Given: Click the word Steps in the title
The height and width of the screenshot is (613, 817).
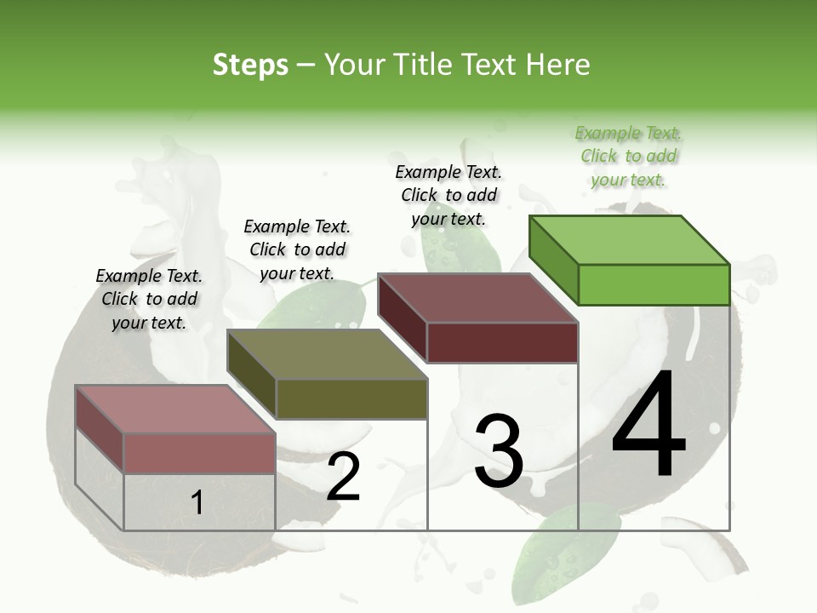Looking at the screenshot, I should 250,65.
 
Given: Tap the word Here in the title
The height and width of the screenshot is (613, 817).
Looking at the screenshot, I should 557,65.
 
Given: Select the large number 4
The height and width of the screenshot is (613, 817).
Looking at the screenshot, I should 648,425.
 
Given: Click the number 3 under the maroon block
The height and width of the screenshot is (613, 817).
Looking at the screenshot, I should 498,451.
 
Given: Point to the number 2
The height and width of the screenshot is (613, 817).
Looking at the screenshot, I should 344,477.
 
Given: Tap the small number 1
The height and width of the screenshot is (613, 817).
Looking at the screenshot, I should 197,502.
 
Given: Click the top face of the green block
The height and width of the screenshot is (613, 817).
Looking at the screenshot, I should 628,239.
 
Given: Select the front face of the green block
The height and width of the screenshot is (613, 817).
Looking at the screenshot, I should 654,284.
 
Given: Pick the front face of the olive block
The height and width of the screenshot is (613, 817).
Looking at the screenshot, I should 351,398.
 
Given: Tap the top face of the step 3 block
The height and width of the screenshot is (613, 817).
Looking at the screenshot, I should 477,297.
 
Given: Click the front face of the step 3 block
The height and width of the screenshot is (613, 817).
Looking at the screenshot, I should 502,342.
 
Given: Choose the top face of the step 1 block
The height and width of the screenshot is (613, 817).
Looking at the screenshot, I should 174,410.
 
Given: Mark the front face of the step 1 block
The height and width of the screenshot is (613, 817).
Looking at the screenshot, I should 199,453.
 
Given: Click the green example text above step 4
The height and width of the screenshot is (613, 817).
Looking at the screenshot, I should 629,157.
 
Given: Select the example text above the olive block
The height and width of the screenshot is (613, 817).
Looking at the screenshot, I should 297,249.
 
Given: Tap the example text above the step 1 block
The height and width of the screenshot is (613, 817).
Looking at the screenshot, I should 149,299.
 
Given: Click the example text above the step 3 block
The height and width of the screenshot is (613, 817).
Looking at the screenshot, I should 448,195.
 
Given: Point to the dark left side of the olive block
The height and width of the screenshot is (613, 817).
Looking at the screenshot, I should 252,375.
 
